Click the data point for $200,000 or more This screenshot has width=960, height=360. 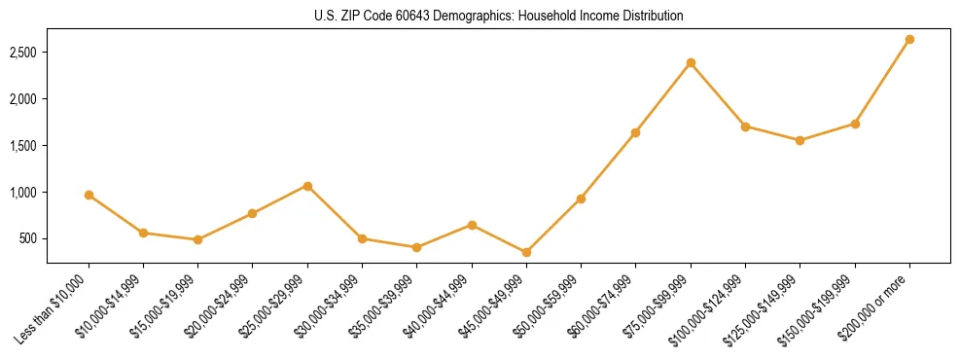[909, 40]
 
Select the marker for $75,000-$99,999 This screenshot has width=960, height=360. [691, 63]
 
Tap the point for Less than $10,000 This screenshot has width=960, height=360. [89, 195]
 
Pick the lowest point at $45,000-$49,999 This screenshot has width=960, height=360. [526, 252]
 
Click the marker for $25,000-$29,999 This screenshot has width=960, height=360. [307, 186]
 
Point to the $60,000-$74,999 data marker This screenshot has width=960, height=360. [636, 132]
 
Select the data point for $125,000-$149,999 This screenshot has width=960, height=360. [800, 140]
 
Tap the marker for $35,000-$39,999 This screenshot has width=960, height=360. [417, 247]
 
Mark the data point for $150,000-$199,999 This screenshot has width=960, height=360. [855, 124]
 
